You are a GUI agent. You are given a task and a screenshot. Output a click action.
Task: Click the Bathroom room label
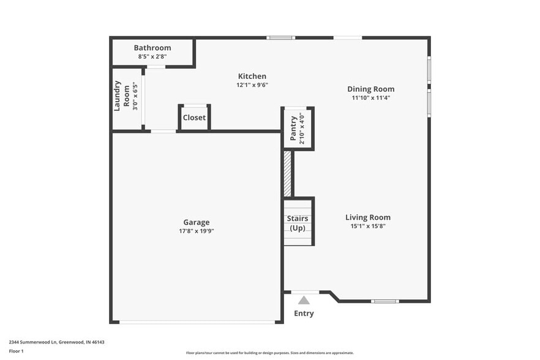coord(152,48)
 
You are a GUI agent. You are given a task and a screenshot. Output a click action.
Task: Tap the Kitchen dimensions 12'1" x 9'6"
coord(252,85)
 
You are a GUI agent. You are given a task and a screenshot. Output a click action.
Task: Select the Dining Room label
coord(371,89)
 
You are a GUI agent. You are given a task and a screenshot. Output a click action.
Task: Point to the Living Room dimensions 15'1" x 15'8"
coord(367,226)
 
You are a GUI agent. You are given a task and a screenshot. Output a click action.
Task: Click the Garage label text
coord(196,222)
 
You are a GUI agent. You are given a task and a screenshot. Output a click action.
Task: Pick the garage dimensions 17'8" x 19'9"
coord(196,231)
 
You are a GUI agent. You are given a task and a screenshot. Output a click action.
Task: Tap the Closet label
coord(194,118)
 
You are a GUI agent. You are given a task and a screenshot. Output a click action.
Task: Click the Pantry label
coord(293,129)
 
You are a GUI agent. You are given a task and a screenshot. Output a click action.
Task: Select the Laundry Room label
coord(122,96)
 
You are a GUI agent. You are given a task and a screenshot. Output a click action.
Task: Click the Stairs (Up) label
coord(298,223)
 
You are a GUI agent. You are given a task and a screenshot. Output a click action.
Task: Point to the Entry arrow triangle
coord(304,300)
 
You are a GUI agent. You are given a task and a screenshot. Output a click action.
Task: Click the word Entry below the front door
coord(304,313)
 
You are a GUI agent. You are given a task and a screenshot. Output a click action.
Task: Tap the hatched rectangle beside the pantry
coord(287,173)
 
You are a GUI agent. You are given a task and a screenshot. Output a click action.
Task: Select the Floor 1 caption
coord(16,351)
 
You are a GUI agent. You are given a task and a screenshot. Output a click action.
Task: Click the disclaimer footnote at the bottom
coord(269,353)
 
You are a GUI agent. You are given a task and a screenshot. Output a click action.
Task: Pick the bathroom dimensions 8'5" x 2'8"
coord(152,56)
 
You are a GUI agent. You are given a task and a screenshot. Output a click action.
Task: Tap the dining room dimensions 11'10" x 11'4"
coord(371,97)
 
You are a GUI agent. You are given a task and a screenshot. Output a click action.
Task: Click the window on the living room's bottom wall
coord(385,301)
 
